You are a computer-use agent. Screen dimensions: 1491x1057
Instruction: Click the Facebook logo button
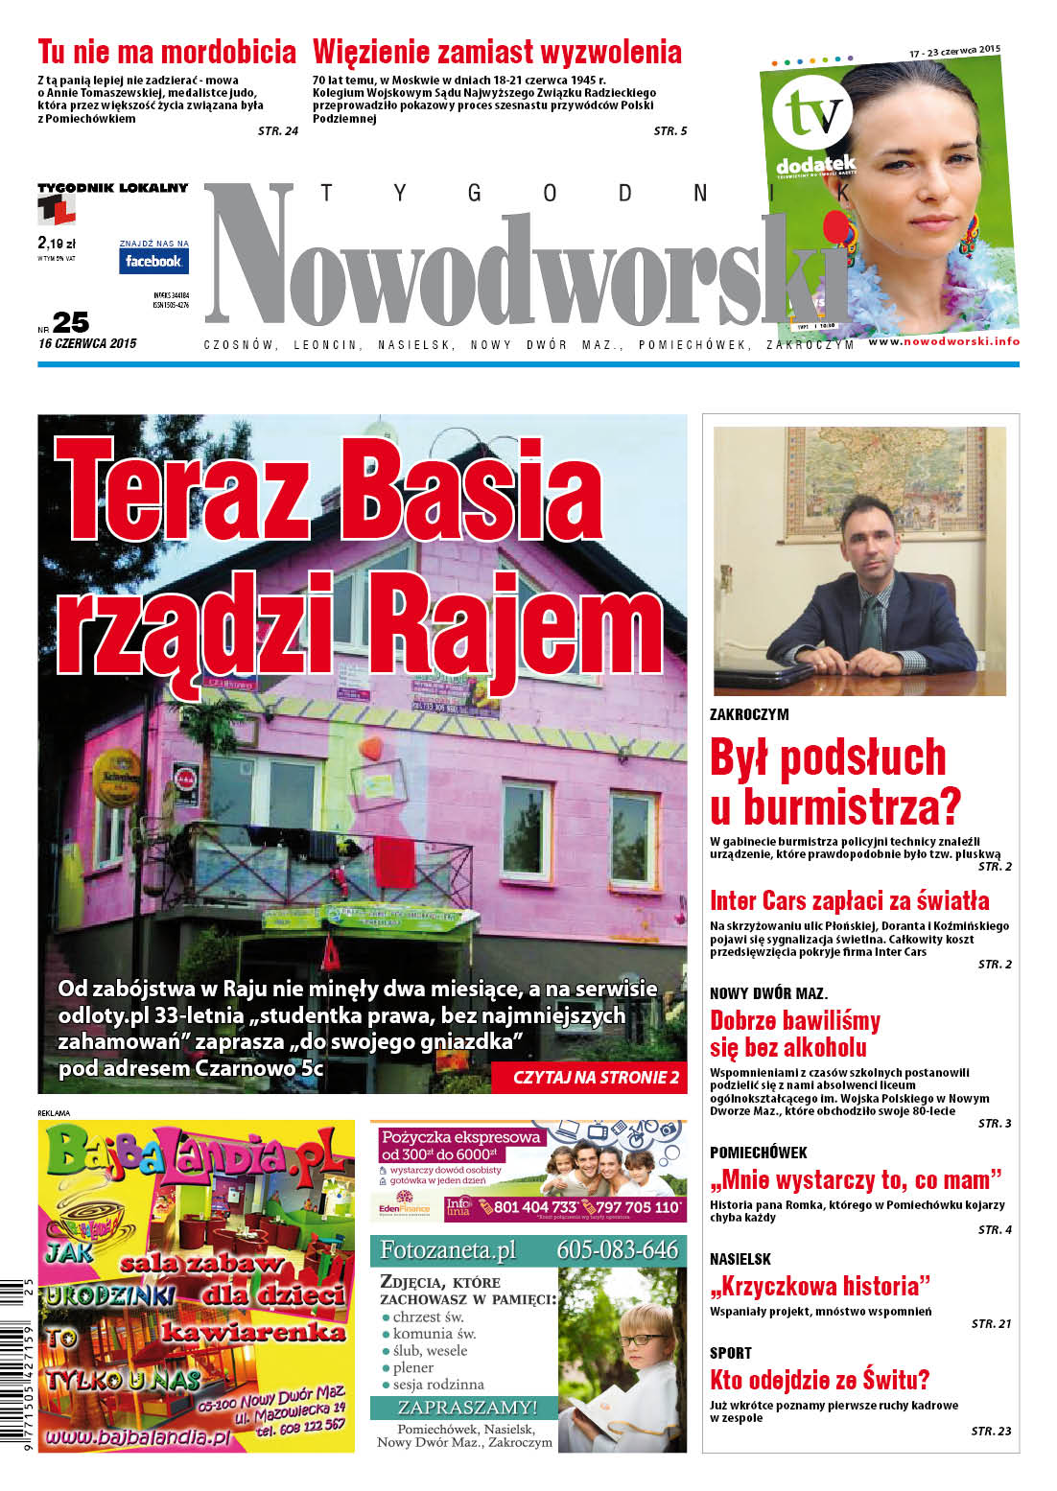pos(153,261)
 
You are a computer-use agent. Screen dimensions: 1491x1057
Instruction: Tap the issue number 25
pos(72,323)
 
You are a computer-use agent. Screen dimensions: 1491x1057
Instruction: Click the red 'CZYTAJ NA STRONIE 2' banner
pos(596,1077)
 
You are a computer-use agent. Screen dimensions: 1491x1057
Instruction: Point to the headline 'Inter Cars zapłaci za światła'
pos(849,900)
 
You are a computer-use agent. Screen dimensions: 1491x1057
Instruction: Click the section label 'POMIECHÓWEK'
pos(758,1153)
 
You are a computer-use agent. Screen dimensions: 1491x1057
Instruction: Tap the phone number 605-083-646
pos(617,1250)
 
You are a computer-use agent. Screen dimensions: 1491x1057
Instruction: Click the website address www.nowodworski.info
pos(944,341)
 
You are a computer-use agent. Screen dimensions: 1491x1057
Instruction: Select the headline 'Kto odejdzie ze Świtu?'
pos(819,1380)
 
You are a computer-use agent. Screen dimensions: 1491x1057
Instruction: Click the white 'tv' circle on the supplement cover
pos(811,114)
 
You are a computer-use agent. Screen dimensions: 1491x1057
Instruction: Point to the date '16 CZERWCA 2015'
pos(87,343)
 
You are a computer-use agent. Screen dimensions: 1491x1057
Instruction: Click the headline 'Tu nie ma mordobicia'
pos(167,52)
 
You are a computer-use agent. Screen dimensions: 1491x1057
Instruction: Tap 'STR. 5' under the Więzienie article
pos(670,131)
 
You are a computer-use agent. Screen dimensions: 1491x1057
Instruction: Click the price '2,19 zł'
pos(57,244)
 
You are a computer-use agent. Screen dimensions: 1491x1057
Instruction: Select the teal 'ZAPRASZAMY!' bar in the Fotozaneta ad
pos(463,1408)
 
